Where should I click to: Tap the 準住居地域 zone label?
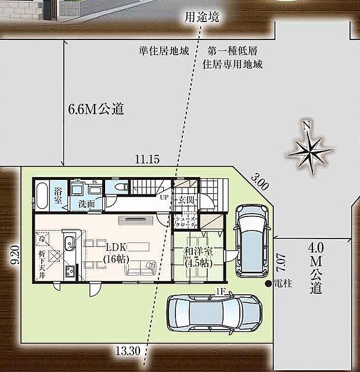click(x=164, y=50)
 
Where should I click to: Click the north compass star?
click(x=311, y=148)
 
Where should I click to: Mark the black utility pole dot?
click(x=268, y=284)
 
